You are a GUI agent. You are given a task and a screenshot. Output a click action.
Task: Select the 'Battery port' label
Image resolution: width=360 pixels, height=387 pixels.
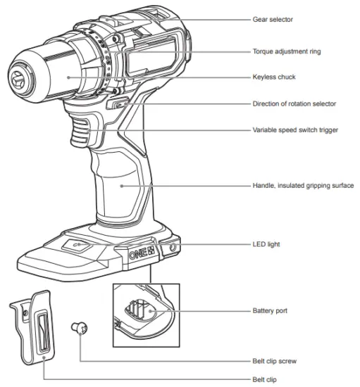[x=271, y=310]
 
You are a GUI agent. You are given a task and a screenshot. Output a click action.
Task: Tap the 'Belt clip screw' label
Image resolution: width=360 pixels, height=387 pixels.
[x=275, y=360]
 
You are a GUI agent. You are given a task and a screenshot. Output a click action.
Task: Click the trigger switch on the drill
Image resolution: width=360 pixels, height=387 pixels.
[x=80, y=131]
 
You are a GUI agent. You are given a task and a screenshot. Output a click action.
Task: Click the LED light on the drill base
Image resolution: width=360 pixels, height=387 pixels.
[x=170, y=248]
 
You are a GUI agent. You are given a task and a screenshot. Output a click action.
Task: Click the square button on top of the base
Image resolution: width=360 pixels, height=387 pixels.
[x=76, y=246]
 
